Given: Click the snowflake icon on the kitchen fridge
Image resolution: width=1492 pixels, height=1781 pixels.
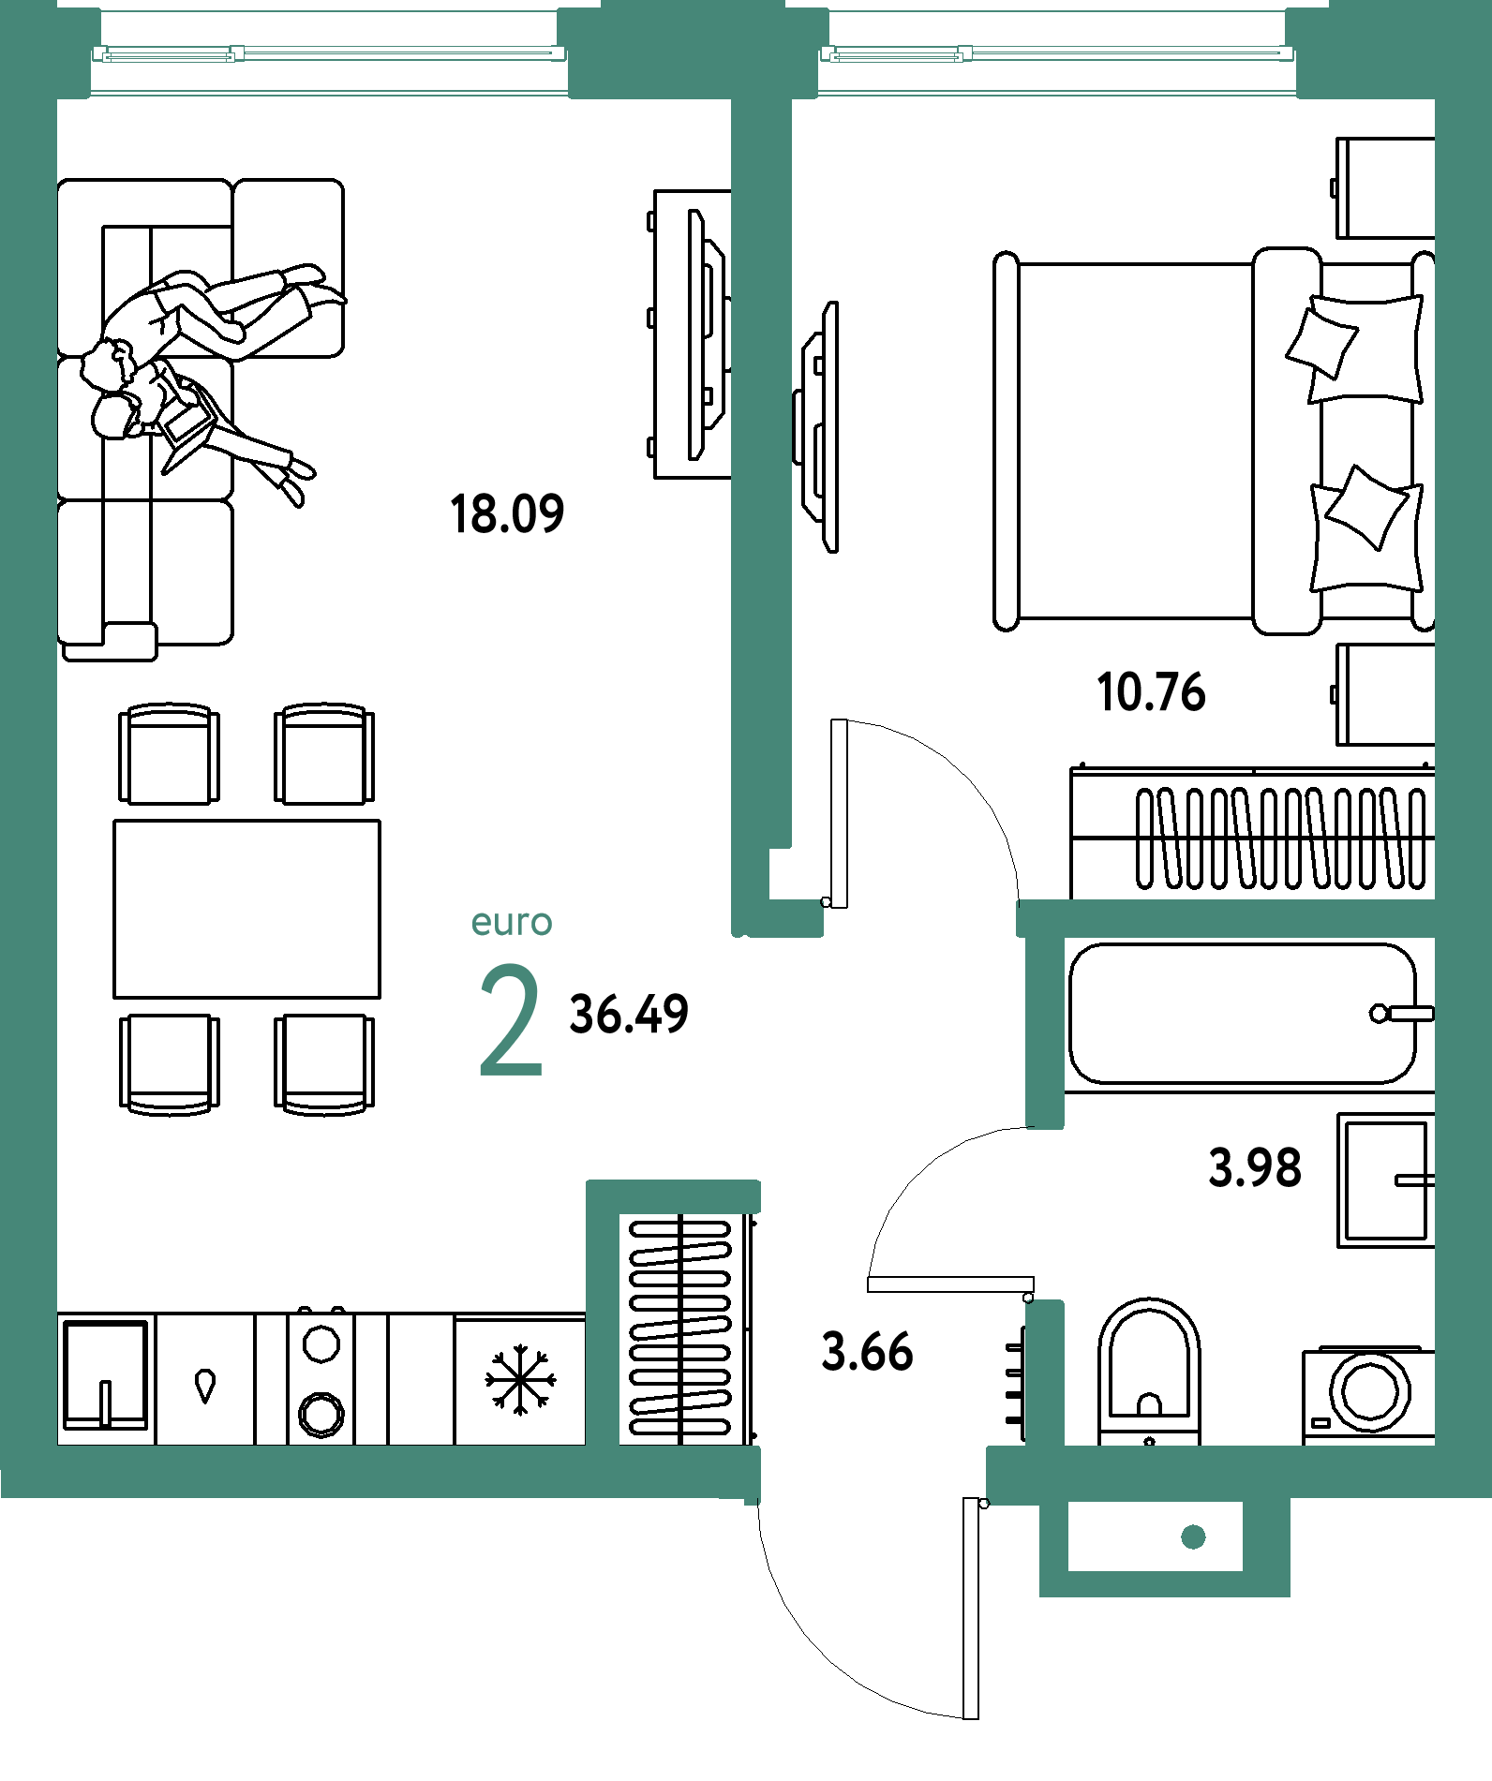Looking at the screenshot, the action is (x=520, y=1379).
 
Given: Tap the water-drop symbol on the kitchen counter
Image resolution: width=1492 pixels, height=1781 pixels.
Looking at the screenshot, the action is (x=205, y=1386).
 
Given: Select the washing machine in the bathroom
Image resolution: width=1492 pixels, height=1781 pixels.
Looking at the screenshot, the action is (x=1368, y=1395).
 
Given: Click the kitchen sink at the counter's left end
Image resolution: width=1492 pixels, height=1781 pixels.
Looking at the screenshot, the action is (x=106, y=1374).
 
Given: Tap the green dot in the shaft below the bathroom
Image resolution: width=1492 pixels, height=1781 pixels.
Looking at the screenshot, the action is (x=1193, y=1536).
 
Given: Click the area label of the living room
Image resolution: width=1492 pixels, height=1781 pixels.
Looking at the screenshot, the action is (x=507, y=514).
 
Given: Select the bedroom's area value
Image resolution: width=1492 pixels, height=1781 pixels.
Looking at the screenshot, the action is (x=1151, y=692).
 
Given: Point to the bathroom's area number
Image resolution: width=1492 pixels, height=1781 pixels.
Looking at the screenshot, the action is (x=1255, y=1167).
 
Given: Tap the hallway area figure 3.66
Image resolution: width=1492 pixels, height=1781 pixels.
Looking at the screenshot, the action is (x=867, y=1352).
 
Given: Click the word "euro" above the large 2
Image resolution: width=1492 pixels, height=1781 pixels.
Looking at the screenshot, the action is (x=512, y=923).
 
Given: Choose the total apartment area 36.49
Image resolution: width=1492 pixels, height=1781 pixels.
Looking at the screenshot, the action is (x=629, y=1014).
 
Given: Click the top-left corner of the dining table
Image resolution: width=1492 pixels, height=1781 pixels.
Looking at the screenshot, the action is (x=114, y=821).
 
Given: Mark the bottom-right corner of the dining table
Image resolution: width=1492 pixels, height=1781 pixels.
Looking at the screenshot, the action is (x=380, y=998).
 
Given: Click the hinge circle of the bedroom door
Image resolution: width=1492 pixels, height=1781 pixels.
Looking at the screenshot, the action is (x=826, y=901).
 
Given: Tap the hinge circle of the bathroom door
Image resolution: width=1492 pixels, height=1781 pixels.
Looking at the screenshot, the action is (x=1028, y=1298).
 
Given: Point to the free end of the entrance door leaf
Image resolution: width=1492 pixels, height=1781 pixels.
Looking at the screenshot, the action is (x=971, y=1718).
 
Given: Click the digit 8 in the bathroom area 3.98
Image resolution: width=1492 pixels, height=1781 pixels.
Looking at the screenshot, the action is (x=1287, y=1167).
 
